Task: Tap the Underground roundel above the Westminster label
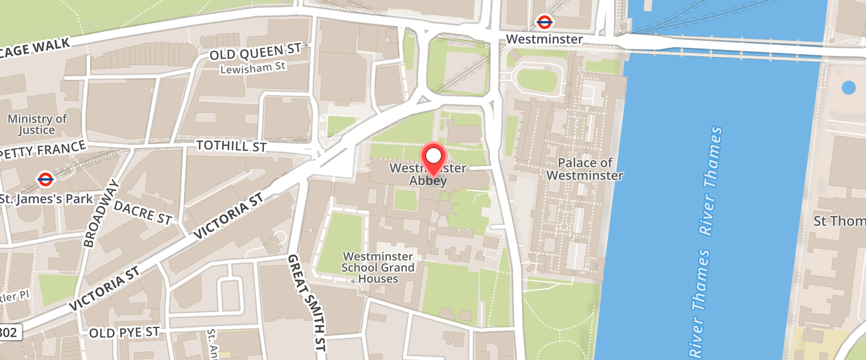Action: point(545,22)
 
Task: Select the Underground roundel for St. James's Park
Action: point(46,179)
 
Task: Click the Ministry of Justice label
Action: point(37,124)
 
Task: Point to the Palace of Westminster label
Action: point(585,169)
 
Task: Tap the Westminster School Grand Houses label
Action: point(378,267)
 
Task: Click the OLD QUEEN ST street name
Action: point(255,52)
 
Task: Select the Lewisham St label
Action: point(253,67)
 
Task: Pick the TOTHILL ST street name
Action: point(231,146)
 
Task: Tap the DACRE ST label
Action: point(142,212)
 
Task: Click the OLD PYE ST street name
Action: point(124,332)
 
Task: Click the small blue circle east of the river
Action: point(848,88)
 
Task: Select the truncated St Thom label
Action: point(839,220)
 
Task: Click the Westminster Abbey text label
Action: point(428,174)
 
